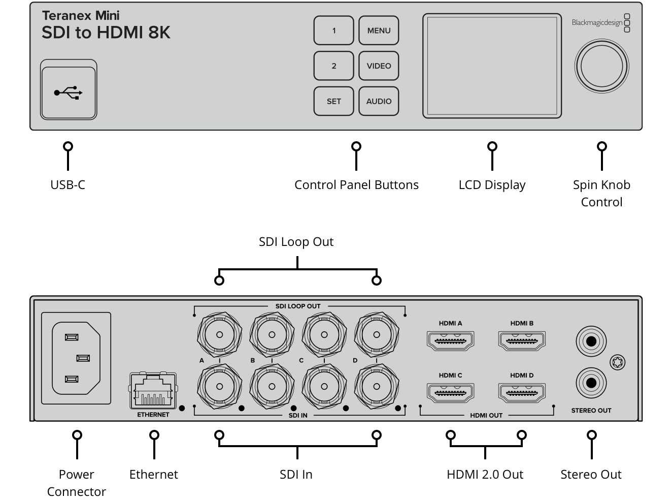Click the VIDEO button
pyautogui.click(x=379, y=66)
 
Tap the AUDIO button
pyautogui.click(x=379, y=101)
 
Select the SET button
pyautogui.click(x=333, y=101)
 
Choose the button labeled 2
pyautogui.click(x=333, y=66)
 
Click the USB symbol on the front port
pyautogui.click(x=68, y=92)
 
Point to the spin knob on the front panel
pyautogui.click(x=601, y=66)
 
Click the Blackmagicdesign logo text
pyautogui.click(x=597, y=22)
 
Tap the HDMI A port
pyautogui.click(x=450, y=341)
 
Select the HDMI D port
pyautogui.click(x=522, y=393)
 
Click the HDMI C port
pyautogui.click(x=450, y=393)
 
